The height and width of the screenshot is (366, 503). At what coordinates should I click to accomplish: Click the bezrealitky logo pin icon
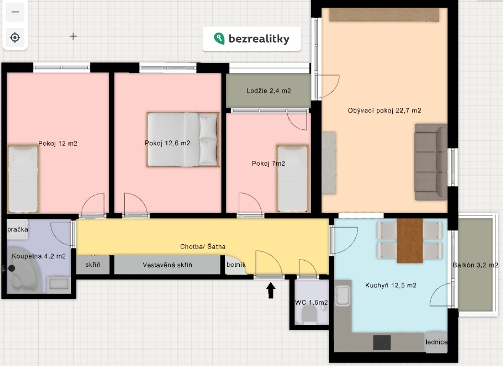point(219,38)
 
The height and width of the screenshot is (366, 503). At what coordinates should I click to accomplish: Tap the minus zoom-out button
point(15,12)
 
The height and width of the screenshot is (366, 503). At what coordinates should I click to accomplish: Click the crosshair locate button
point(15,37)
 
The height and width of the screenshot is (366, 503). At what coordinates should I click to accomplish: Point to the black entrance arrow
point(271,290)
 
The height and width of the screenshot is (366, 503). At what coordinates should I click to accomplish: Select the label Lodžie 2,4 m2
point(269,91)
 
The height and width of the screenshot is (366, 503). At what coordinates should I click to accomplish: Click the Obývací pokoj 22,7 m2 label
point(384,111)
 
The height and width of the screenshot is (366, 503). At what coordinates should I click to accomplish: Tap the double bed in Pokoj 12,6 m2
point(183,139)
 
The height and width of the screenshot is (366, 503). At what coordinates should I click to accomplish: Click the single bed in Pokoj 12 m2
point(23,179)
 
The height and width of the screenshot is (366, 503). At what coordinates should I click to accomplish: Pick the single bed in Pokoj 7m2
point(292,179)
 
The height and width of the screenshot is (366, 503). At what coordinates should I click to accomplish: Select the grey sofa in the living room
point(431,162)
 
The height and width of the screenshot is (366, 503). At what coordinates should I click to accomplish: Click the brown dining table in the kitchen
point(409,240)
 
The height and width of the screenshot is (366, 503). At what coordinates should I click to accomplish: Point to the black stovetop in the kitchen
point(382,343)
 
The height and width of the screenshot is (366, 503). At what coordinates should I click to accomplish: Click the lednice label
point(436,342)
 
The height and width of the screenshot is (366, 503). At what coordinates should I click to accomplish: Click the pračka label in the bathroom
point(18,229)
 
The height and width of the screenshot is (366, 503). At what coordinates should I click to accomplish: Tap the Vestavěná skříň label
point(167,265)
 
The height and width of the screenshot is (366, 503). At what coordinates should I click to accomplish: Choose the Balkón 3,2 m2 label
point(475,265)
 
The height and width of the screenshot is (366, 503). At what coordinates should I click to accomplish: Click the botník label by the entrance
point(236,265)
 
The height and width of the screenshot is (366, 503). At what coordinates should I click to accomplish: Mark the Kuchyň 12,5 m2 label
point(391,285)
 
